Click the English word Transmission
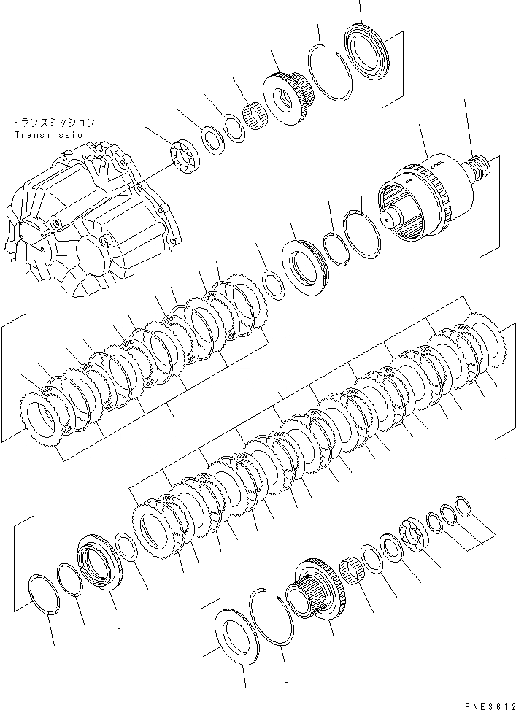[x=51, y=135]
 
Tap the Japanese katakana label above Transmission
[x=53, y=123]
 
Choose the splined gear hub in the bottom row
[x=315, y=591]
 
